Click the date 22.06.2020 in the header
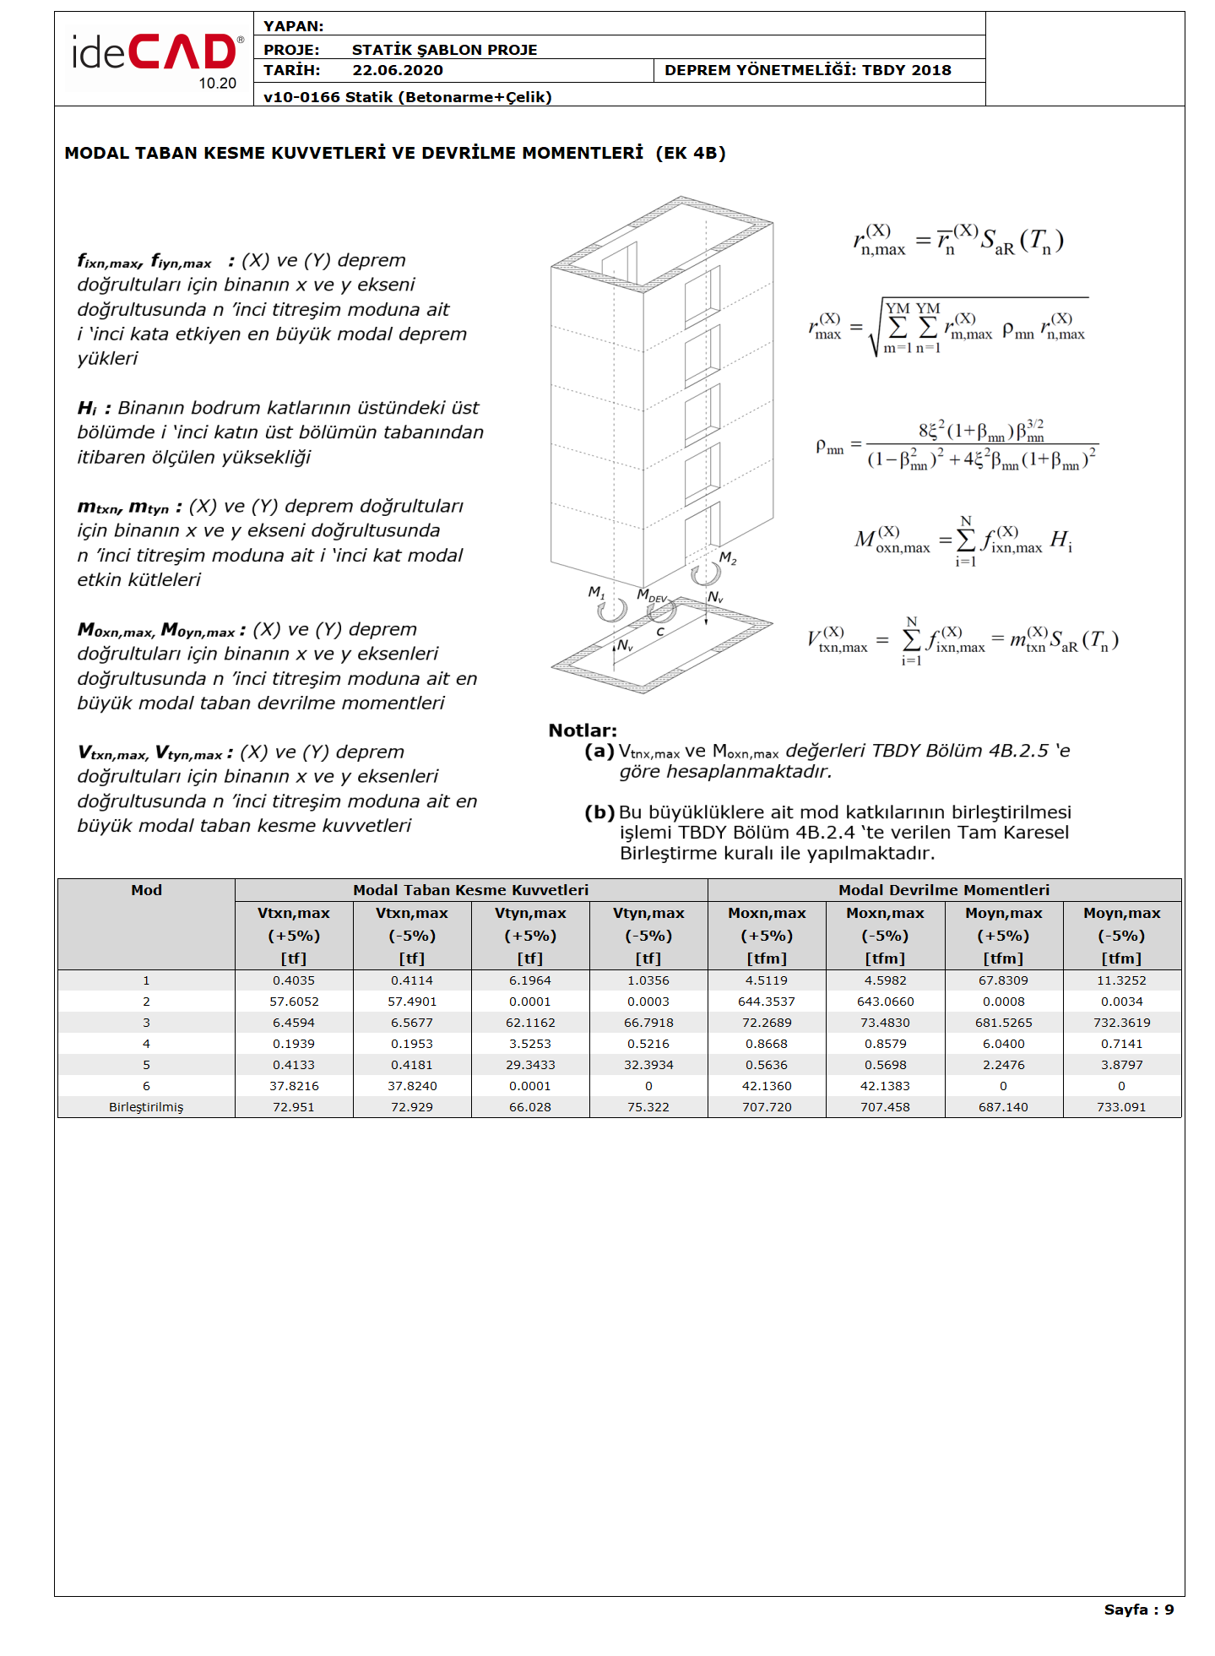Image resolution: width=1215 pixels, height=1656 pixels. click(x=397, y=70)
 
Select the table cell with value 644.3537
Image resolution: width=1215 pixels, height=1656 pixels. click(x=766, y=1002)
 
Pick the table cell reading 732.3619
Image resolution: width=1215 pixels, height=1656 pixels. click(x=1121, y=1023)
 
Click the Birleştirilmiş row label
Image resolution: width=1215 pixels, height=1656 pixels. click(x=146, y=1107)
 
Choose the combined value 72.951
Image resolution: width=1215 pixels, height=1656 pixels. click(x=293, y=1107)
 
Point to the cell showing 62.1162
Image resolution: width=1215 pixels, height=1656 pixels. click(x=530, y=1023)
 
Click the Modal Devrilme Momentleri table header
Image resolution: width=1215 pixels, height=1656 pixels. click(x=943, y=890)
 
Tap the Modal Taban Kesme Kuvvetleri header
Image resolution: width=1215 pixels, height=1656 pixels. click(x=470, y=890)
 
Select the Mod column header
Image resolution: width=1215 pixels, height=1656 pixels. click(x=146, y=890)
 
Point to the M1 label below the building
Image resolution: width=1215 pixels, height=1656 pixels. click(x=596, y=592)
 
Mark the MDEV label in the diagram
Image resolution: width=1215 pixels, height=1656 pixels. click(x=652, y=595)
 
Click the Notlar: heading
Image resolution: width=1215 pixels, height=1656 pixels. click(x=583, y=730)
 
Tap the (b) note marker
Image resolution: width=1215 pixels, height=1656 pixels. click(x=599, y=812)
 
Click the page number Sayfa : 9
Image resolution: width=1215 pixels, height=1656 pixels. click(x=1138, y=1610)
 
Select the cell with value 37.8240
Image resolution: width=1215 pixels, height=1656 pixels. click(x=411, y=1086)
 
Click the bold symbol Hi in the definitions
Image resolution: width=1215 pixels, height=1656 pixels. click(x=87, y=409)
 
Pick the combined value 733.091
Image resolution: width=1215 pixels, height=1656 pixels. click(x=1121, y=1107)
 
